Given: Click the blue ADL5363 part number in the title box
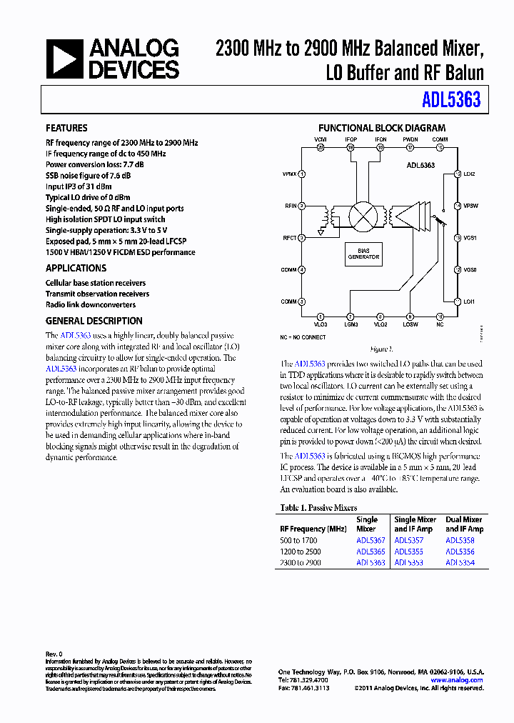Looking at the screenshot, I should click(x=450, y=101).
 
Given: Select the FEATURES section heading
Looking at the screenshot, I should click(x=66, y=128).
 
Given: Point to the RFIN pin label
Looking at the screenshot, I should click(x=290, y=206).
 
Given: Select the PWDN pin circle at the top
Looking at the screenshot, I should click(x=410, y=147).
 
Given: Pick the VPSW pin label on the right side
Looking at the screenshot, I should click(x=470, y=206).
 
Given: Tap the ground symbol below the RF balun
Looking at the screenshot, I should click(x=321, y=231).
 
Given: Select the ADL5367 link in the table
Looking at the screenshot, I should click(x=371, y=541).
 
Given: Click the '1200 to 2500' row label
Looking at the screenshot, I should click(x=301, y=552).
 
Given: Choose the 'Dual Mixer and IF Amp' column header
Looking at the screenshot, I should click(x=464, y=524).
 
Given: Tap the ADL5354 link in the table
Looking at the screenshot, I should click(x=460, y=563).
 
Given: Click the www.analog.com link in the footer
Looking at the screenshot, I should click(x=456, y=680).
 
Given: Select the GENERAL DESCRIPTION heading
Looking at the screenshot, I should click(x=94, y=321).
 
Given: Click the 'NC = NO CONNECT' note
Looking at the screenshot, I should click(x=303, y=336).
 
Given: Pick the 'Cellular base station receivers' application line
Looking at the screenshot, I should click(x=95, y=283).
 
